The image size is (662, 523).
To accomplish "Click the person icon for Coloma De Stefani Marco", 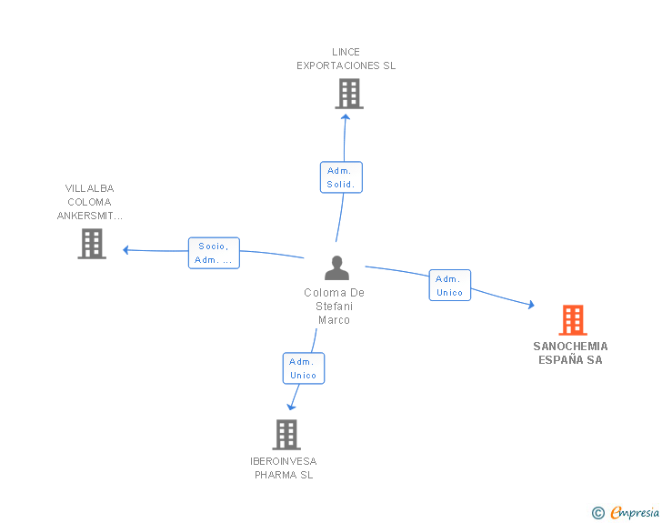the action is (336, 267).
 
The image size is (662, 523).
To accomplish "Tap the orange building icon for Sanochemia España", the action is (573, 320).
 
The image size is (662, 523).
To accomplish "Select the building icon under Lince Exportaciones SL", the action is (349, 94).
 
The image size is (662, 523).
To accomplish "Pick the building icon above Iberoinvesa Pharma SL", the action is (286, 435).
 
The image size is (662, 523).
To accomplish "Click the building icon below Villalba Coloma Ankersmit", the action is (92, 244).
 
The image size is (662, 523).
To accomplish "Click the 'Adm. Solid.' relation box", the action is (341, 177).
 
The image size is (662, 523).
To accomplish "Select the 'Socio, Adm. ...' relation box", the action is (214, 253).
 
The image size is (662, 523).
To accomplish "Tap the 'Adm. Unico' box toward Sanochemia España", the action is (450, 286).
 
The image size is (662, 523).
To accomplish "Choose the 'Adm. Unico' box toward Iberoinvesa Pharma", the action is (304, 368).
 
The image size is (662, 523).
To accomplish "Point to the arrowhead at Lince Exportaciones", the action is (346, 117).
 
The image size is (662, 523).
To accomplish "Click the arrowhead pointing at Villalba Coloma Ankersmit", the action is (125, 250).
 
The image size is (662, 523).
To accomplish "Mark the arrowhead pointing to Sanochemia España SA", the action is (532, 304).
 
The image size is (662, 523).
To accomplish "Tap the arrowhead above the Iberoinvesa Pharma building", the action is (291, 407).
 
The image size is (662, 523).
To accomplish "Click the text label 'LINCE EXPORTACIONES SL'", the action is (346, 59).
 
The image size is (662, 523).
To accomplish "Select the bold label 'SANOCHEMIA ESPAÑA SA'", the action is (570, 353).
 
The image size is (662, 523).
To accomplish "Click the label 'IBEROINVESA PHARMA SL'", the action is (284, 468).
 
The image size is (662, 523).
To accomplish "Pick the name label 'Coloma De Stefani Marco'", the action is (334, 307).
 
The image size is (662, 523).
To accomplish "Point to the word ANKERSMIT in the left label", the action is (89, 216).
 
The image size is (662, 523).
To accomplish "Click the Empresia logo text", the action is (635, 513).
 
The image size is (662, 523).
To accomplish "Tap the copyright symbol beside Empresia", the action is (598, 513).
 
